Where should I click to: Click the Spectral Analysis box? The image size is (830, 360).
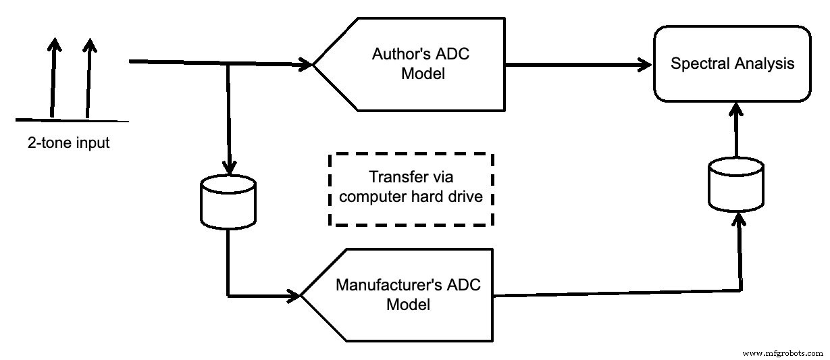[x=732, y=63]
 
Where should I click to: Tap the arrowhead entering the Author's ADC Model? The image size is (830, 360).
[x=307, y=66]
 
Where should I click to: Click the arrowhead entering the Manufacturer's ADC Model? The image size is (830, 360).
[x=294, y=295]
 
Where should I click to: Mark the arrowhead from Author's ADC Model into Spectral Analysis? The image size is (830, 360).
[x=647, y=65]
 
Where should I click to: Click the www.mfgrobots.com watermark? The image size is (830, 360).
[x=782, y=353]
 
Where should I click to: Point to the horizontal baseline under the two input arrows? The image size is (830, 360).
[x=72, y=120]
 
